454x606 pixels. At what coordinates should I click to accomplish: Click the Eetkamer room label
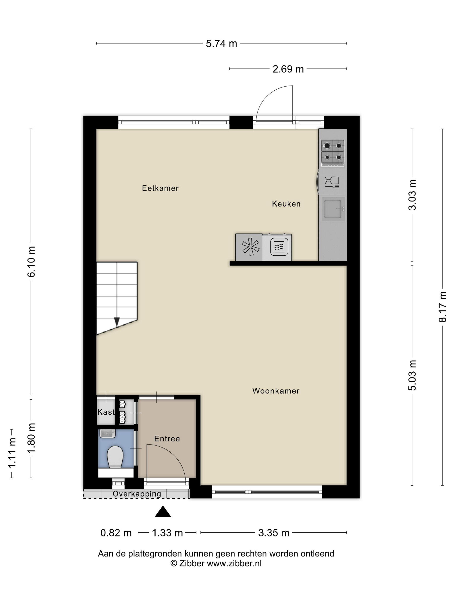point(160,188)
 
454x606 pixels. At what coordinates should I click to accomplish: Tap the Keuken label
point(286,204)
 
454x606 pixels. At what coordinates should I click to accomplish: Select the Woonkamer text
point(276,391)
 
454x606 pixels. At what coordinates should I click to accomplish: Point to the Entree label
point(167,439)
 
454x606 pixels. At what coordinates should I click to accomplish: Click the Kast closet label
point(106,412)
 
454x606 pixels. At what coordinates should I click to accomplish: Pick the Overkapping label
point(137,494)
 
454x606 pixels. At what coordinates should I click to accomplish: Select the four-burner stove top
point(333,153)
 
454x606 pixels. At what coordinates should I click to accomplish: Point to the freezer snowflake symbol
point(251,247)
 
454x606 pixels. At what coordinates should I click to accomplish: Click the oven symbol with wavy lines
point(279,247)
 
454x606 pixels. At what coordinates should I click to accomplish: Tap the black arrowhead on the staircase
point(117,322)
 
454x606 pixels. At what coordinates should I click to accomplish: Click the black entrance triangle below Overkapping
point(163,512)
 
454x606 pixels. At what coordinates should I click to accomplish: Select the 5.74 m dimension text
point(221,44)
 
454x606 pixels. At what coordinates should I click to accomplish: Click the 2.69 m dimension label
point(288,69)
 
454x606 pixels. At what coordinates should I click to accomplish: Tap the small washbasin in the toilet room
point(107,434)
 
